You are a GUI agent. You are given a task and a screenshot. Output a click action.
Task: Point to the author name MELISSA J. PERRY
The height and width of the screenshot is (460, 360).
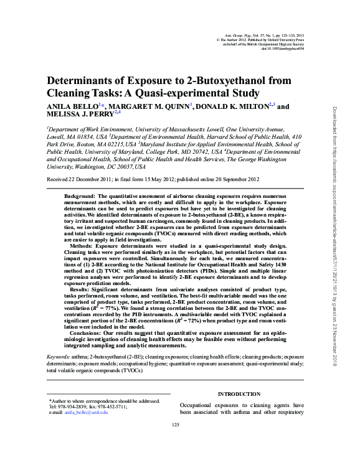(80, 115)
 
